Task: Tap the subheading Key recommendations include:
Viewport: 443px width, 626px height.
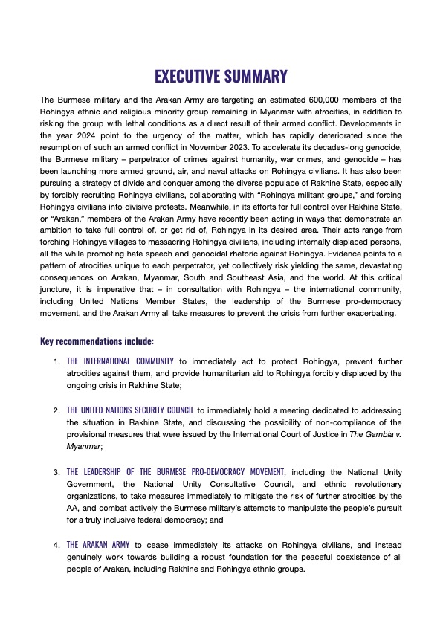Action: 97,342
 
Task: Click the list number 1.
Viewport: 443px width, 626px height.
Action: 56,361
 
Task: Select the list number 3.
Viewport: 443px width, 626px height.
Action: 56,472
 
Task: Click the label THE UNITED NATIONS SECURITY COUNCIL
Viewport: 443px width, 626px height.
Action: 131,410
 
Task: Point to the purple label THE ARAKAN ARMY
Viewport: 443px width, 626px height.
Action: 97,545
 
